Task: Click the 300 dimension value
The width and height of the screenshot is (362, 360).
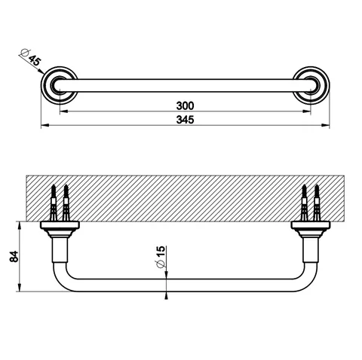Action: [x=185, y=105]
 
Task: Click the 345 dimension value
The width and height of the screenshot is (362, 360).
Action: [x=185, y=120]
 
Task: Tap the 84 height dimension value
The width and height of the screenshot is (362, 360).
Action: [x=14, y=256]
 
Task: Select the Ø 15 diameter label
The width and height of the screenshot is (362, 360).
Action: [x=161, y=257]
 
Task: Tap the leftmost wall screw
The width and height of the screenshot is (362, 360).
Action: [x=54, y=203]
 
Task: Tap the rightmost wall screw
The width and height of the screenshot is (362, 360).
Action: [x=317, y=203]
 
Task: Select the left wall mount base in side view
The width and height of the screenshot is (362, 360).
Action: [x=60, y=230]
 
